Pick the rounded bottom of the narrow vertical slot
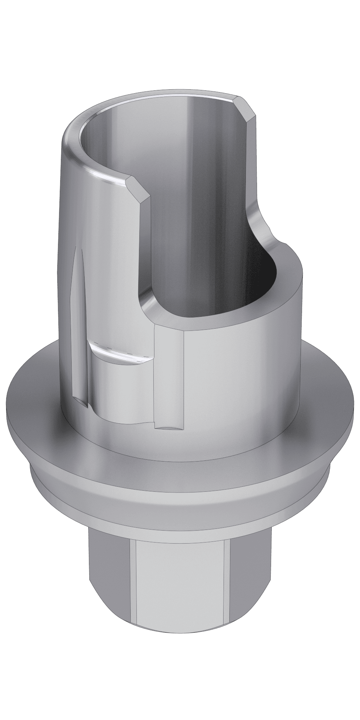point(169,427)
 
